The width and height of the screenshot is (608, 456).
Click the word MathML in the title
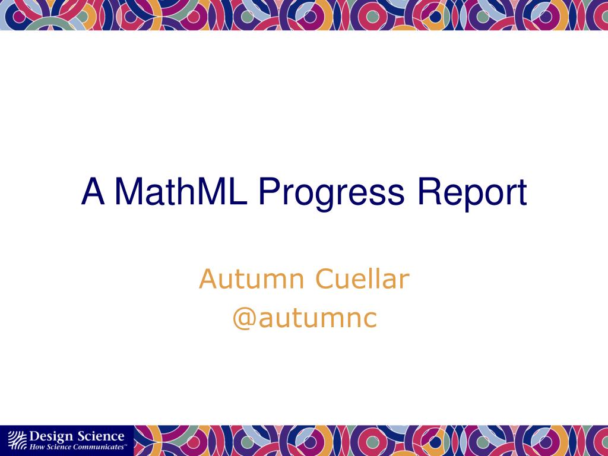tap(181, 192)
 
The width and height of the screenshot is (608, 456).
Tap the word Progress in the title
tap(331, 195)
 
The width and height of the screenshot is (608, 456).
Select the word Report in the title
tap(472, 195)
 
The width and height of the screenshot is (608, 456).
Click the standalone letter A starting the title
tap(93, 192)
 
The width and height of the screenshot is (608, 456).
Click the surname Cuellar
tap(362, 278)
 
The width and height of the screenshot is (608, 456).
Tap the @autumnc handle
tap(305, 318)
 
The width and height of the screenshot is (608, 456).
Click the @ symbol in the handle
tap(244, 319)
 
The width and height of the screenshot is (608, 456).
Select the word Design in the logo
tap(51, 437)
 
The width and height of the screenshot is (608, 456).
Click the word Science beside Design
tap(100, 436)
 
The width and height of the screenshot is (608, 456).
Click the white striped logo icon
tap(17, 440)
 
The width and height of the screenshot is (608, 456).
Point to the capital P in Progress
tap(270, 192)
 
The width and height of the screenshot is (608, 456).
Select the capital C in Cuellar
tap(325, 279)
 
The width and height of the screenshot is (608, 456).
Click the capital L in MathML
tap(237, 192)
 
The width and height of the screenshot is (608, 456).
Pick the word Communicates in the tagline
tap(99, 447)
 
